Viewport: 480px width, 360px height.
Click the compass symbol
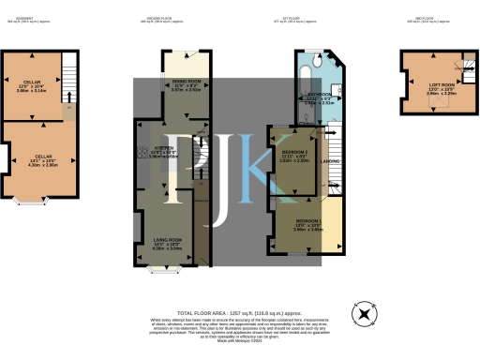(x=361, y=313)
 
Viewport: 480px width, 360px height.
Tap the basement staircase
(x=67, y=70)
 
